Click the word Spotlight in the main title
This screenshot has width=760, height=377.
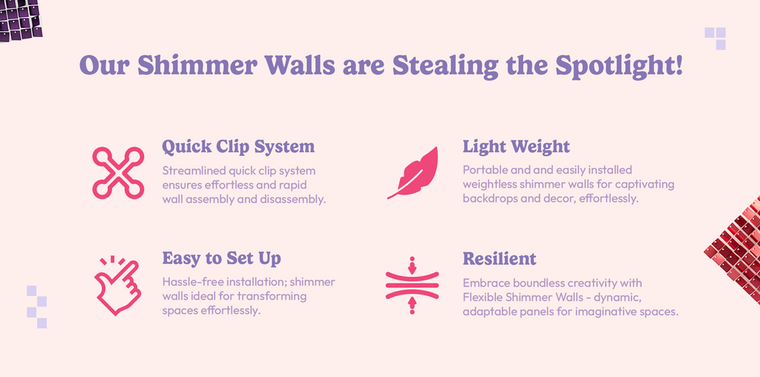pos(619,65)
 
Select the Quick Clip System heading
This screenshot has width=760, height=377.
pos(238,146)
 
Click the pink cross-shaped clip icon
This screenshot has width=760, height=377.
pos(118,173)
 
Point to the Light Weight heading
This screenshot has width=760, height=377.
pos(517,146)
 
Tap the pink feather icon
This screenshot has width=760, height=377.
pos(413,172)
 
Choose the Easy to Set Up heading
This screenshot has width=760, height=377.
pos(221,258)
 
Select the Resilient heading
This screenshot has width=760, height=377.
pos(499,258)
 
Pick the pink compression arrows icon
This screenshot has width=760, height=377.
pos(412,286)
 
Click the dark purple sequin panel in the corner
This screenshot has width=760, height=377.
pos(21,20)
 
